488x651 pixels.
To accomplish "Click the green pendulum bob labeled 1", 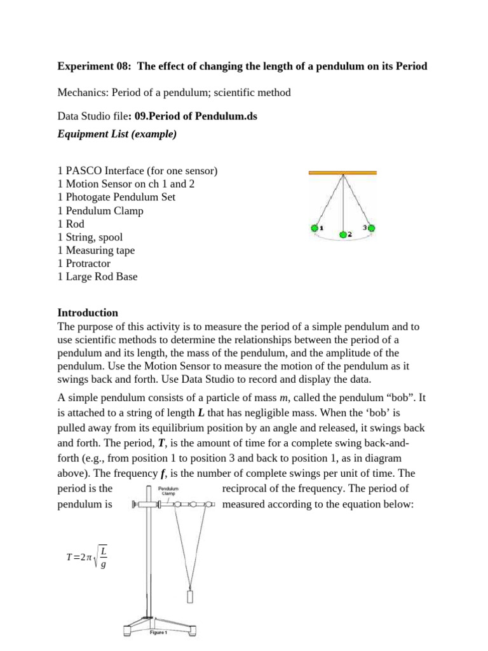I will pos(313,228).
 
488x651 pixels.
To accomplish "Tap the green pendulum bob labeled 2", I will pos(343,235).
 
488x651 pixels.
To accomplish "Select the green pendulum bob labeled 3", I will pos(372,228).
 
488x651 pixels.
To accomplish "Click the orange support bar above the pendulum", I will pos(342,172).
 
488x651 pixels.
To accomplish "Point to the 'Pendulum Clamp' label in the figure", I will pos(168,490).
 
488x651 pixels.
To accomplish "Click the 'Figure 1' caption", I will pos(158,633).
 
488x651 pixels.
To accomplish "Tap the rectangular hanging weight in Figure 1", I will pos(190,597).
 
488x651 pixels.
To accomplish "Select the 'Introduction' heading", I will pos(88,313).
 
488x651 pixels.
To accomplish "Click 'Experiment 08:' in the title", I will pos(91,66).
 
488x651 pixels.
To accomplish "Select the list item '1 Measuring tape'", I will pos(96,250).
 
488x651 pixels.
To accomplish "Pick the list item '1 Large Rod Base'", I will pos(97,277).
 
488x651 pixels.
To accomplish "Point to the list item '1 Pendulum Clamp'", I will pos(100,210).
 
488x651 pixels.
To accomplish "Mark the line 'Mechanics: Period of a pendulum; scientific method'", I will pos(174,93).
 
